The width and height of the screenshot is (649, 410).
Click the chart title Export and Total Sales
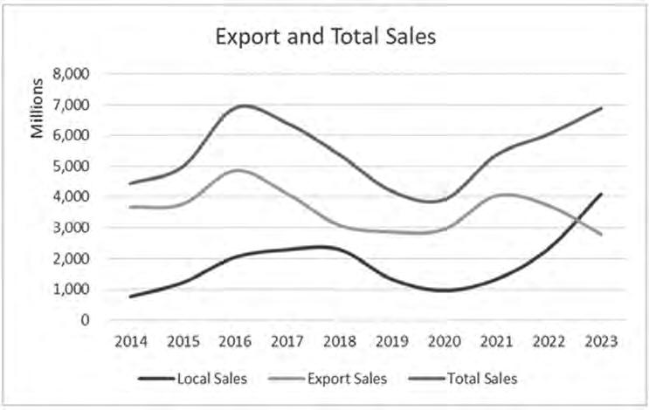(325, 37)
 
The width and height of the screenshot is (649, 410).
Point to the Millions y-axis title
(38, 108)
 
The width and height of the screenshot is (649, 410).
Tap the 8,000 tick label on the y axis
(72, 74)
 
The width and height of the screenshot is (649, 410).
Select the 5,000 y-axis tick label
(72, 166)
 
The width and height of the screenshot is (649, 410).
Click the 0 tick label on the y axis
(85, 320)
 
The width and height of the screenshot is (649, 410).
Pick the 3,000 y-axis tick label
(72, 228)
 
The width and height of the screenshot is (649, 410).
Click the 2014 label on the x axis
(131, 341)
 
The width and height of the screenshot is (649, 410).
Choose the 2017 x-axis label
(287, 341)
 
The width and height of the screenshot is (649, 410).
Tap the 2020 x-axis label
(444, 341)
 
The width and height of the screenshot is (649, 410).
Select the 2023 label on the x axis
(601, 341)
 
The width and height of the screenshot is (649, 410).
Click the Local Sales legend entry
(192, 379)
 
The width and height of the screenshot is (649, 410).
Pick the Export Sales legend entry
(328, 379)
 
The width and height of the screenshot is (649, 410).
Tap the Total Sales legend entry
(463, 379)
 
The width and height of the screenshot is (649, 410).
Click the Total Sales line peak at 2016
(244, 105)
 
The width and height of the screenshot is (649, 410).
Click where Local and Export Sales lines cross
(577, 220)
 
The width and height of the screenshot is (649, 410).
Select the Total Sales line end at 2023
(601, 108)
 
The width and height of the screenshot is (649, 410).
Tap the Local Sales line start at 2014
(131, 297)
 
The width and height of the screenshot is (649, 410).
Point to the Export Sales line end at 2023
(601, 235)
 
